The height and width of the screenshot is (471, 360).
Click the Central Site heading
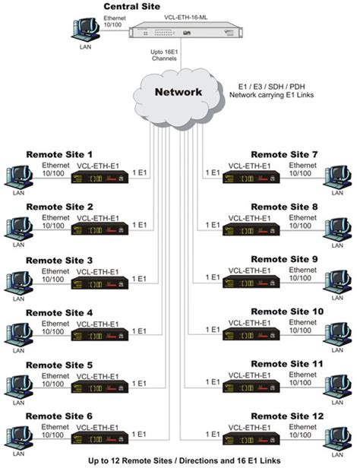point(132,7)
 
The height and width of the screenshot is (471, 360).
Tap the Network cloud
point(179,93)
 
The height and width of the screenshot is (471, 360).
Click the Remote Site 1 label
point(59,153)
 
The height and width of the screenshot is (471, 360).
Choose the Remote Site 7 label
point(284,153)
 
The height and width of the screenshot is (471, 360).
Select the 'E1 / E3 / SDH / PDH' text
point(264,86)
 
